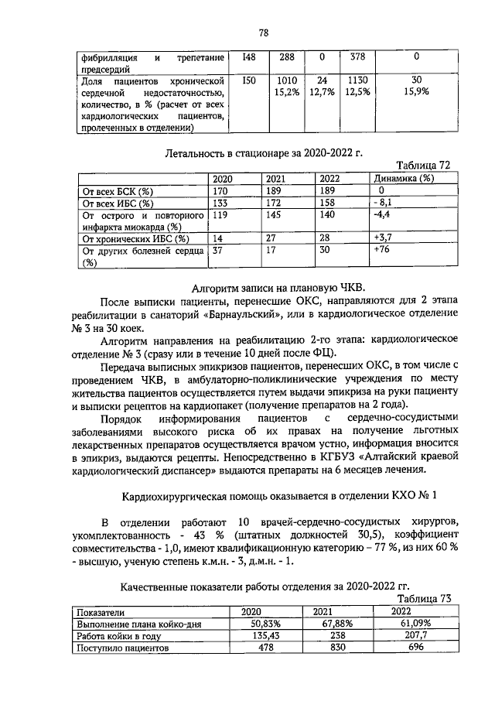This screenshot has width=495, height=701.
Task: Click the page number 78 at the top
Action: [263, 32]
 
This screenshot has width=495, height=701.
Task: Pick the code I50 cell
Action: [248, 80]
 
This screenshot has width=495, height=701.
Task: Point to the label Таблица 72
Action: [423, 166]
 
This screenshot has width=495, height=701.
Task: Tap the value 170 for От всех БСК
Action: [222, 190]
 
